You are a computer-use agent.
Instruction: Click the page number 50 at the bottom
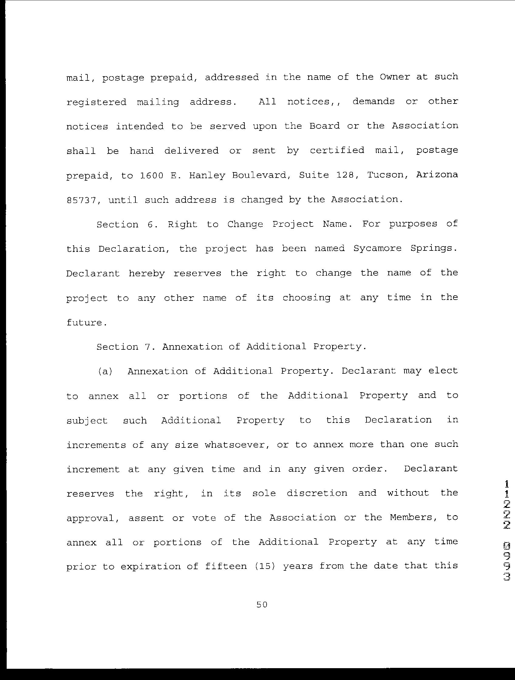pyautogui.click(x=262, y=605)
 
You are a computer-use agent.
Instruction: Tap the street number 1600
pyautogui.click(x=151, y=175)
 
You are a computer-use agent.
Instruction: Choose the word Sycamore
pyautogui.click(x=377, y=248)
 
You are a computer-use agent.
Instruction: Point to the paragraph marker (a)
pyautogui.click(x=105, y=371)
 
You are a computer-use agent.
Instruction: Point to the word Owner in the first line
pyautogui.click(x=394, y=77)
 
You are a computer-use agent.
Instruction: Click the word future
pyautogui.click(x=87, y=322)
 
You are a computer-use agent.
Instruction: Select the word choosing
pyautogui.click(x=306, y=298)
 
